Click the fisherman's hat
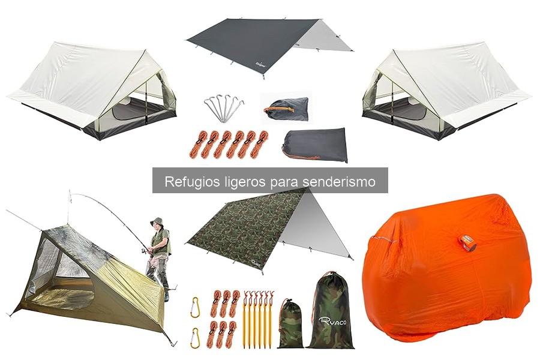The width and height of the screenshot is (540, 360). point(157,221)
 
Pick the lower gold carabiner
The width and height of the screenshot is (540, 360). point(195,338)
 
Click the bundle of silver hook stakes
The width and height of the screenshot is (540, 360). point(223,109)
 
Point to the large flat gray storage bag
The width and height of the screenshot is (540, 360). point(316,144)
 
